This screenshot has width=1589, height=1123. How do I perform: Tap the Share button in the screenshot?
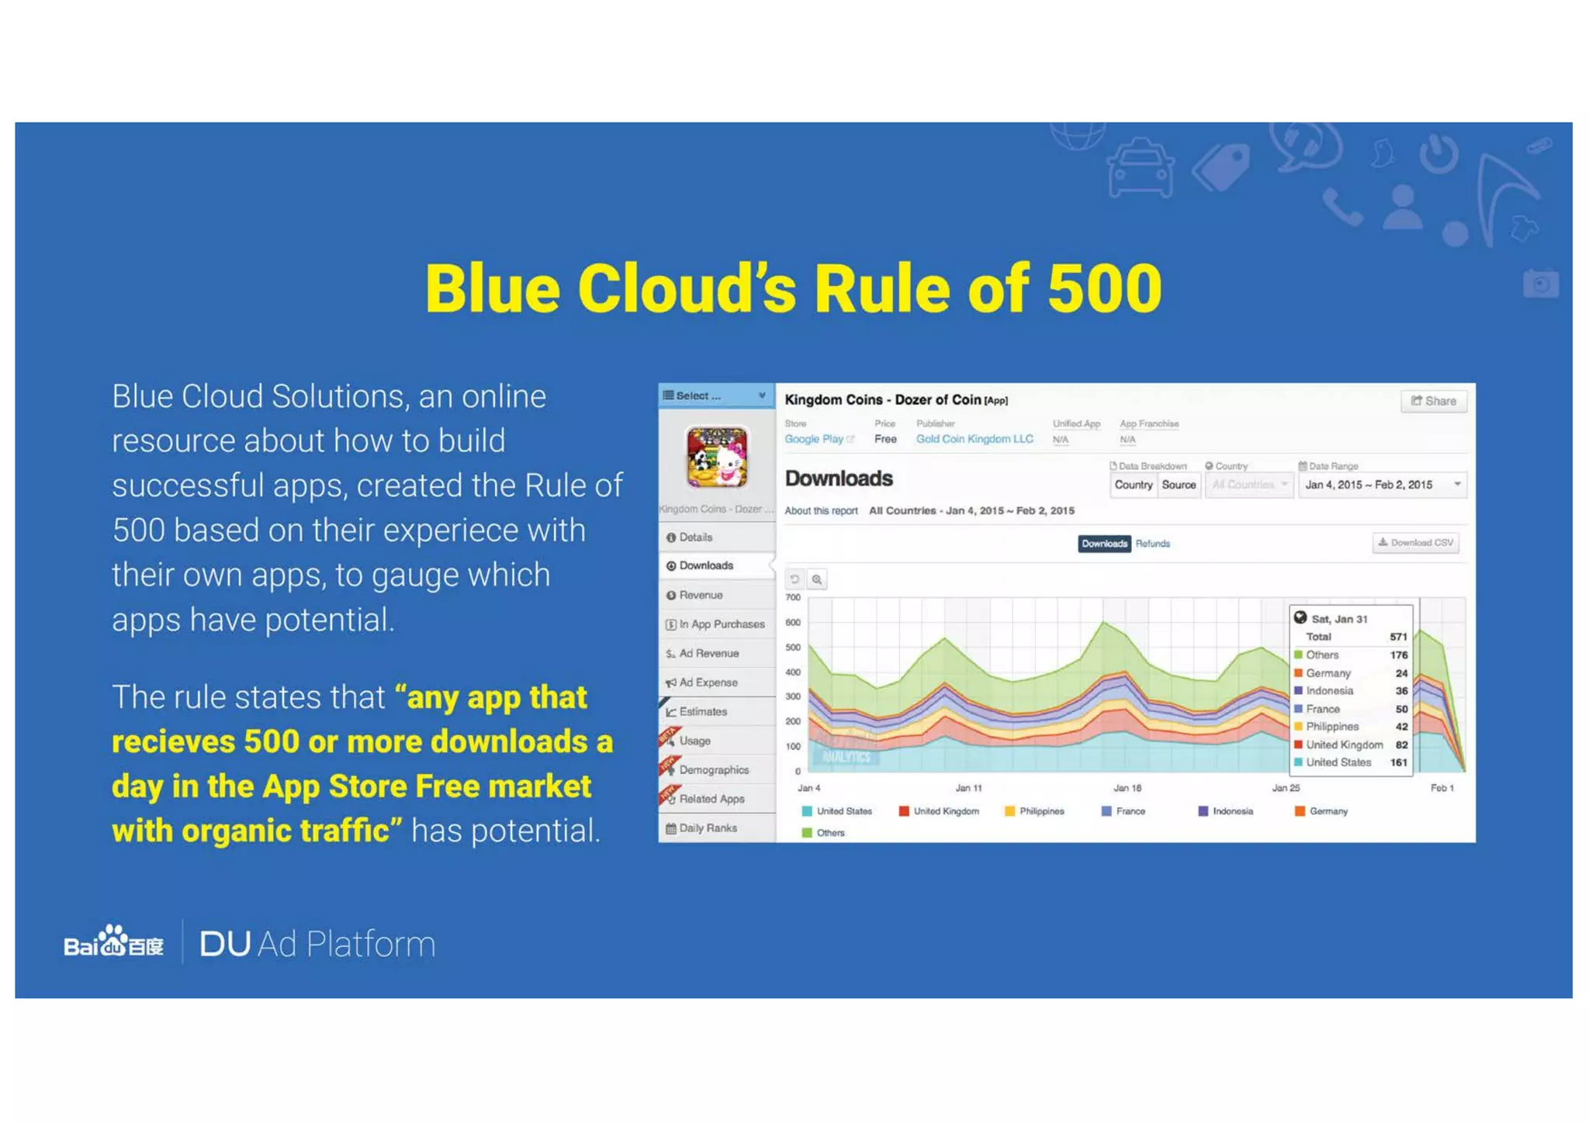(x=1433, y=401)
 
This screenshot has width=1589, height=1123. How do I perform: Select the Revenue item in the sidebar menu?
(x=700, y=595)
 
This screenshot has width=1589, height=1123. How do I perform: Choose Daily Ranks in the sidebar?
(x=707, y=828)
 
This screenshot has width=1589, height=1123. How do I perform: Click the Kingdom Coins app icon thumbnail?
(x=716, y=457)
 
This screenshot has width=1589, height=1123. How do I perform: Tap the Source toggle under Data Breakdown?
(x=1178, y=485)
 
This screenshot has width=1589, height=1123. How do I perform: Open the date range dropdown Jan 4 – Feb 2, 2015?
(x=1382, y=485)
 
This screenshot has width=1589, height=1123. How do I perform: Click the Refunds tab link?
(x=1152, y=544)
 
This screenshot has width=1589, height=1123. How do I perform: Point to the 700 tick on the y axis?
(x=792, y=597)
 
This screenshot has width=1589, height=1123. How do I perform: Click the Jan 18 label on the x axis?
(x=1127, y=788)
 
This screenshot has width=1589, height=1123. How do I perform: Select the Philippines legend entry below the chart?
(x=1040, y=811)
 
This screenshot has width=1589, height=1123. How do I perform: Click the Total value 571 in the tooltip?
(x=1397, y=637)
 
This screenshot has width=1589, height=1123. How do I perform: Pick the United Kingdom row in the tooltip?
(x=1344, y=745)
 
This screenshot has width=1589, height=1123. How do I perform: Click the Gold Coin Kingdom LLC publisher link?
(x=974, y=439)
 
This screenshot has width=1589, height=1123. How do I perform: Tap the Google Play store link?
(x=814, y=439)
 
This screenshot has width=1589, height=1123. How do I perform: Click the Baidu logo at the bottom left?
(x=114, y=943)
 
